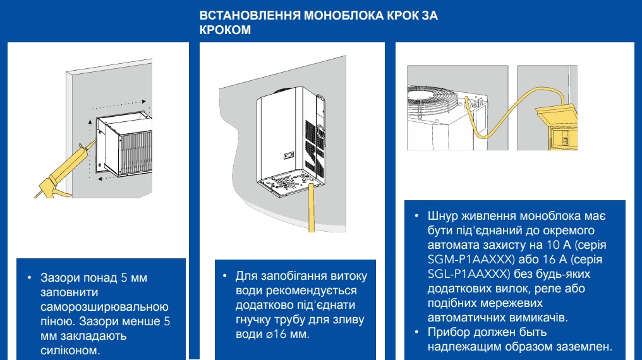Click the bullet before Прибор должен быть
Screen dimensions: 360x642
417,332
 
